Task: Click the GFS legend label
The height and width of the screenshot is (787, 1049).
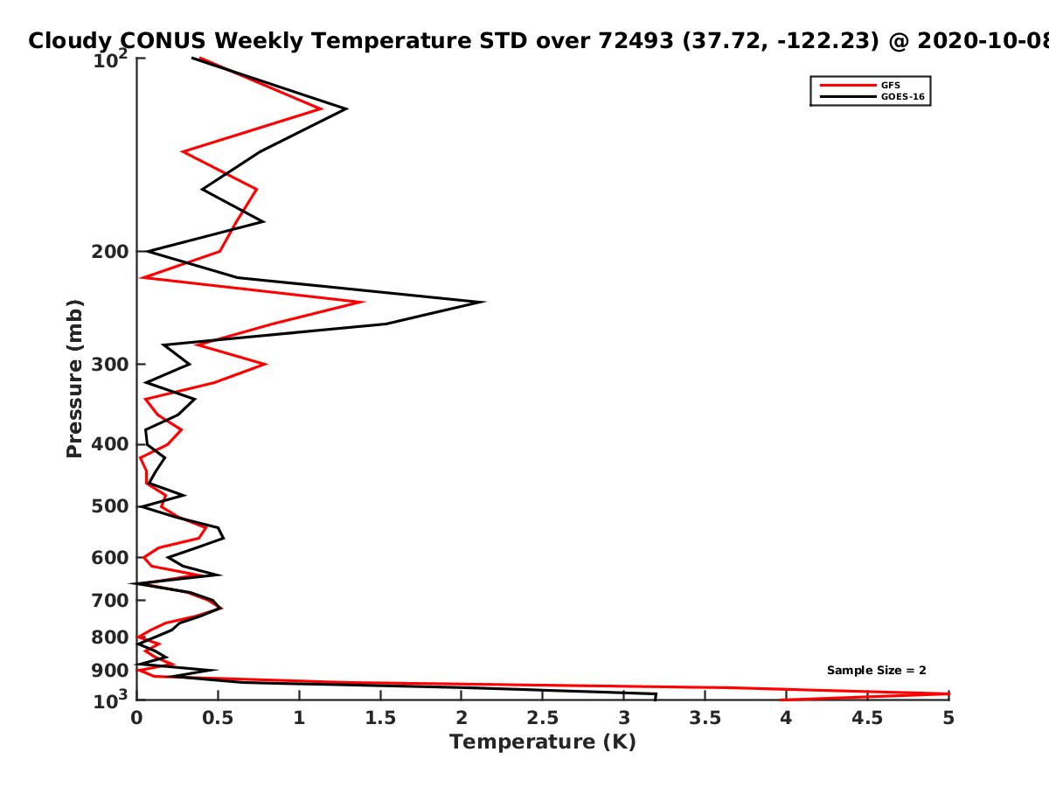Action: tap(890, 86)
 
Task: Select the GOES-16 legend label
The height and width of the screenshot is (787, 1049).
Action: tap(903, 97)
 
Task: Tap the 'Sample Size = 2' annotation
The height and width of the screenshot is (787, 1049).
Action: tap(877, 671)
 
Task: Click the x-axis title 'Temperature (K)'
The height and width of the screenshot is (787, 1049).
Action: tap(543, 742)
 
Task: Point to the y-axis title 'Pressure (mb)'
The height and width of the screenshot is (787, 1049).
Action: tap(74, 379)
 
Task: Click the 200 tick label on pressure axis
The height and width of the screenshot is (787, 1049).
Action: tap(110, 252)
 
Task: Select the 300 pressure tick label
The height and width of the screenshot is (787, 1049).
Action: tap(110, 365)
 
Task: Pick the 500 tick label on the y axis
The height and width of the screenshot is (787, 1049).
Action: tap(110, 506)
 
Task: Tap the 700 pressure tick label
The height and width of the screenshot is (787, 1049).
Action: tap(110, 600)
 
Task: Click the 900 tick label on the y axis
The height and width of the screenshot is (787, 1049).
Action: tap(110, 671)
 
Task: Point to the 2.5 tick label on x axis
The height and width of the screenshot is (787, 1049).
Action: tap(543, 718)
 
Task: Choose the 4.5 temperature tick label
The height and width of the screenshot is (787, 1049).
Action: tap(867, 718)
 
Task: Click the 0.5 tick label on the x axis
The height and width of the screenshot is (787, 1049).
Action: tap(218, 718)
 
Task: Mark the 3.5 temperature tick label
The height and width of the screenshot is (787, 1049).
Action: tap(705, 718)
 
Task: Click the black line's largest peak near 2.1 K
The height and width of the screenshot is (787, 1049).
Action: tap(484, 302)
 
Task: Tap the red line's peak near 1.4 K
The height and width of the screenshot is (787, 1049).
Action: tap(363, 302)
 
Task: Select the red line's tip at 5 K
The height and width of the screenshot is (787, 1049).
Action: tap(948, 693)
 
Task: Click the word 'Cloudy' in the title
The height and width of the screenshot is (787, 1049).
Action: tap(70, 41)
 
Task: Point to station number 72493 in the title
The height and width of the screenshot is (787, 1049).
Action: tap(636, 41)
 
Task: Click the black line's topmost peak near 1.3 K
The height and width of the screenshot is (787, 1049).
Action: tap(346, 109)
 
